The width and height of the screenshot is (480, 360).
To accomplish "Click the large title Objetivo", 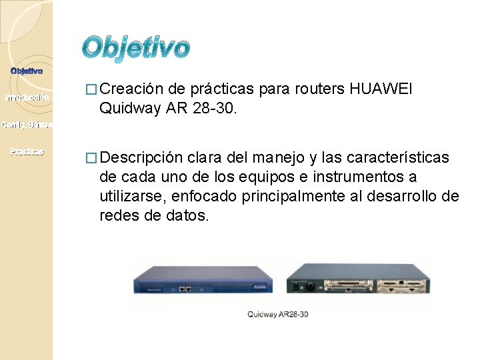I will coord(137,48).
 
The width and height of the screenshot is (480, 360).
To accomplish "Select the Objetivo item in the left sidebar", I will coord(27,71).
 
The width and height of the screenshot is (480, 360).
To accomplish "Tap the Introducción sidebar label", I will coord(27,98).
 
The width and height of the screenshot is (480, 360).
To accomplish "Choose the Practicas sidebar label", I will coord(27,152).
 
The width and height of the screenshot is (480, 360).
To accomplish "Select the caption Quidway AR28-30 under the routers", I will coord(278,314).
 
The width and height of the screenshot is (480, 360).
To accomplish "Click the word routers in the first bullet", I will coord(323,88).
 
